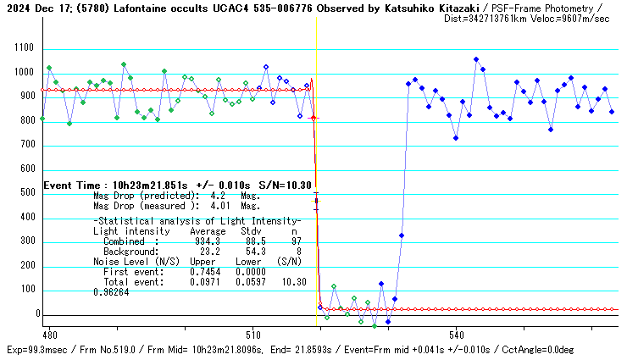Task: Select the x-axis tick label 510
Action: pyautogui.click(x=252, y=334)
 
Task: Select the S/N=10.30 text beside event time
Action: pyautogui.click(x=284, y=185)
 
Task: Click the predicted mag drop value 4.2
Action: pyautogui.click(x=217, y=195)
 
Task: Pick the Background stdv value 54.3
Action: pyautogui.click(x=252, y=252)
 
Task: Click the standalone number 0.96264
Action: pyautogui.click(x=110, y=291)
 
